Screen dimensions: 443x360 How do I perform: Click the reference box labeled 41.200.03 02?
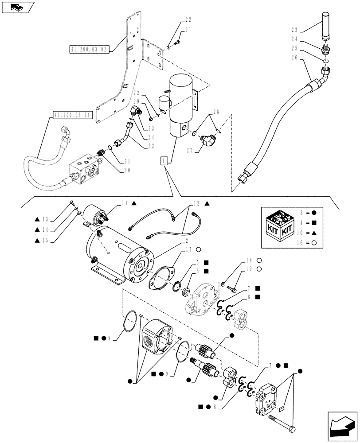point(89,49)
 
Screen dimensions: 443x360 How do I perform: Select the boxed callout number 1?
point(165,161)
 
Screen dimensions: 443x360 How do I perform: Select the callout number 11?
point(125,202)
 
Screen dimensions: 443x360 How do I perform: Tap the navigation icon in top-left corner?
point(17,7)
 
